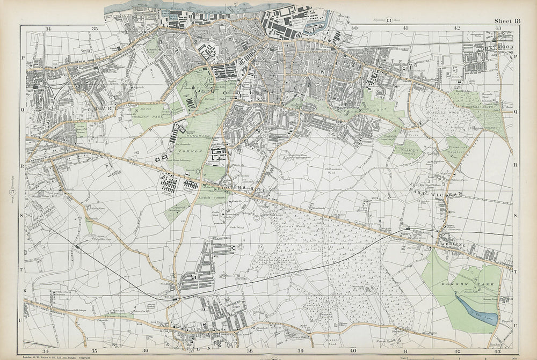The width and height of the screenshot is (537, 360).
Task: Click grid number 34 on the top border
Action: point(48,28)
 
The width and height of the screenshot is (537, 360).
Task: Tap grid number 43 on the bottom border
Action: point(498,351)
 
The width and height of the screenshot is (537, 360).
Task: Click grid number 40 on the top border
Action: point(354,28)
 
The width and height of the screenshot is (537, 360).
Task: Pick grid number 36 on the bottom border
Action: point(146,351)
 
